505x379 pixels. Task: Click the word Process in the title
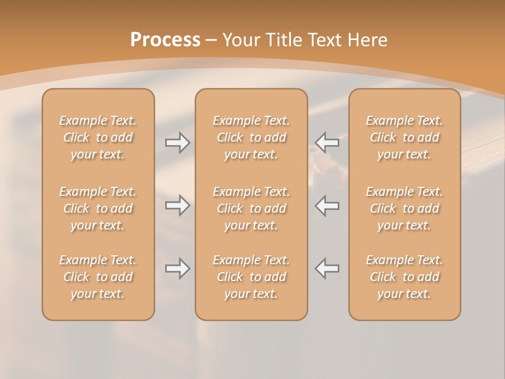point(165,40)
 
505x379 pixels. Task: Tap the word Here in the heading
point(367,40)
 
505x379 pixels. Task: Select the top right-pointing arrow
point(177,142)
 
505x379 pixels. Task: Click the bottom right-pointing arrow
point(177,268)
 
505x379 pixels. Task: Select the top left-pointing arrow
point(327,142)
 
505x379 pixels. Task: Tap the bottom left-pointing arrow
point(327,268)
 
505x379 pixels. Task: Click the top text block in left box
point(98,137)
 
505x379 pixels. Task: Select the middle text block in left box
point(98,208)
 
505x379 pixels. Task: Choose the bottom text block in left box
point(98,277)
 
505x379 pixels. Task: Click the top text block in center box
point(251,137)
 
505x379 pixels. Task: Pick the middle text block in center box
point(251,208)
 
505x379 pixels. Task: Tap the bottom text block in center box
point(251,277)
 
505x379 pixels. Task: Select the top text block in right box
point(405,137)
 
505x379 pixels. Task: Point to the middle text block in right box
point(405,208)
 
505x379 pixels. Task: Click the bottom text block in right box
point(405,277)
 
